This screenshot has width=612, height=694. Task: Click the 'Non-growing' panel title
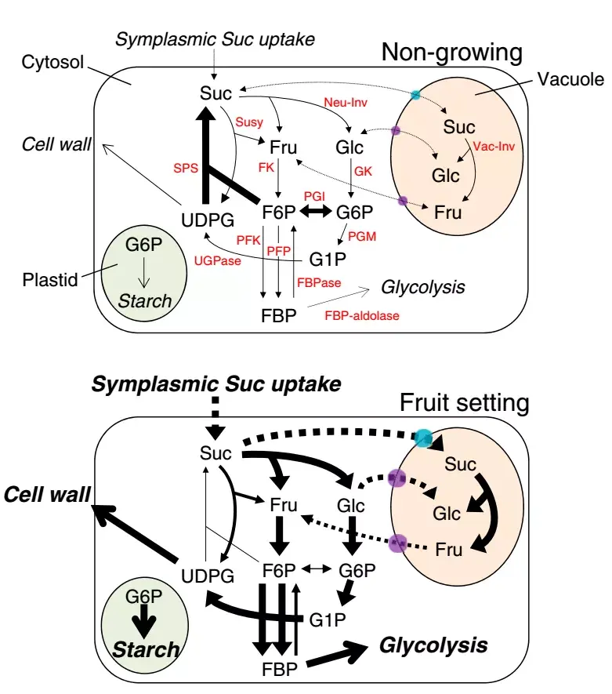coord(451,53)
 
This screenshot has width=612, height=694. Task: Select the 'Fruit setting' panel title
coord(465,404)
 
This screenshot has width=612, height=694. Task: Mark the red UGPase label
coord(218,261)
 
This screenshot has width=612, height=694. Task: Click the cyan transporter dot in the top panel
coord(416,95)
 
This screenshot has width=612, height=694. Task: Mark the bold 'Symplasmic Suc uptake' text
coord(216,384)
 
